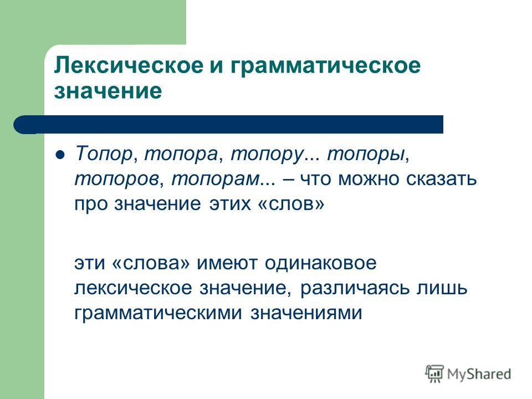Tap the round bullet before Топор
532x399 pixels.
point(60,155)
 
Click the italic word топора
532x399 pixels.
point(181,155)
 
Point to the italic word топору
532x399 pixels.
point(267,155)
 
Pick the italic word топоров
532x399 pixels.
point(116,179)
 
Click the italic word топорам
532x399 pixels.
point(215,179)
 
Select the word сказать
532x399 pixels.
point(442,178)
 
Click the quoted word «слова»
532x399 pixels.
point(150,263)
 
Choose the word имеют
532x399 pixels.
point(227,263)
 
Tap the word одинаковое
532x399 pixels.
point(321,262)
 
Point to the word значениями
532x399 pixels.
point(306,313)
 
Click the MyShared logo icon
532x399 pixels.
point(434,374)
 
